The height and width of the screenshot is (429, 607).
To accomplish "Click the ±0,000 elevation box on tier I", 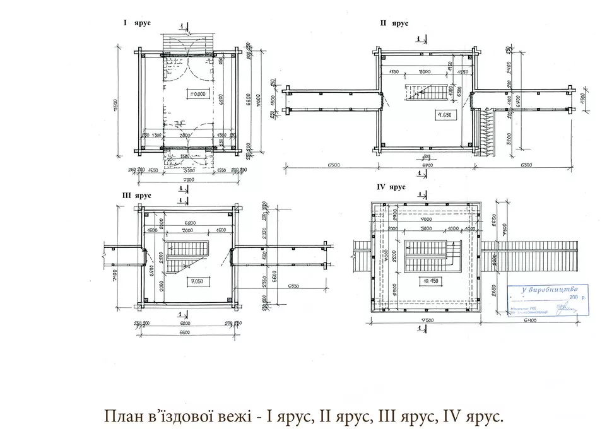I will tap(198, 94).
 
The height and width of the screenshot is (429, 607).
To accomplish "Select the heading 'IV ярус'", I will tap(391, 188).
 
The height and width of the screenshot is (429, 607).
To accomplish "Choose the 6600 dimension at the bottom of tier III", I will tap(188, 332).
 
